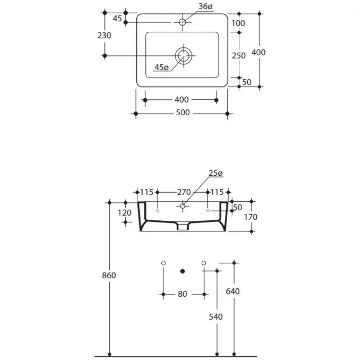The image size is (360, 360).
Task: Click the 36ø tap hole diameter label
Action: [x=206, y=6]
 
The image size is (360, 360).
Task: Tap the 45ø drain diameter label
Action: [x=161, y=68]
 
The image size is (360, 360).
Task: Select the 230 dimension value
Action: [x=104, y=36]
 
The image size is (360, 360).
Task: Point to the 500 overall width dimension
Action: [x=183, y=112]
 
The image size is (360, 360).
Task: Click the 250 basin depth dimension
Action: [x=239, y=55]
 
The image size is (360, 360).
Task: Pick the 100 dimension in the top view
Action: [x=238, y=23]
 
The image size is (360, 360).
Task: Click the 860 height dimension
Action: [x=109, y=275]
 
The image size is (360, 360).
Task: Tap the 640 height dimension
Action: [x=233, y=291]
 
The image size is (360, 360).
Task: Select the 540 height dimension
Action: [x=216, y=317]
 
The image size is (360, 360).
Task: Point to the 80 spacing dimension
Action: [x=183, y=294]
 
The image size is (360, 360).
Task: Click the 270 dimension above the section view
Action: [x=184, y=192]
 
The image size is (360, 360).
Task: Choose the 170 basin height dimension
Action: [x=251, y=217]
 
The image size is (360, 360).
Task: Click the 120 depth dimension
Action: [x=125, y=213]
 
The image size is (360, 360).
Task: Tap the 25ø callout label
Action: [x=216, y=173]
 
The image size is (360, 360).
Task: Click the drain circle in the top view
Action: [x=184, y=55]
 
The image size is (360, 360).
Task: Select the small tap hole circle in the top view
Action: [x=183, y=22]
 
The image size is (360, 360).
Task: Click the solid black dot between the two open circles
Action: [x=183, y=271]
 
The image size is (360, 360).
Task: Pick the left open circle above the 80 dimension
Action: [x=163, y=263]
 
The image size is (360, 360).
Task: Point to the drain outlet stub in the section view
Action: [x=183, y=226]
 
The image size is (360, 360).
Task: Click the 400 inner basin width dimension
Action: [x=181, y=100]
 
